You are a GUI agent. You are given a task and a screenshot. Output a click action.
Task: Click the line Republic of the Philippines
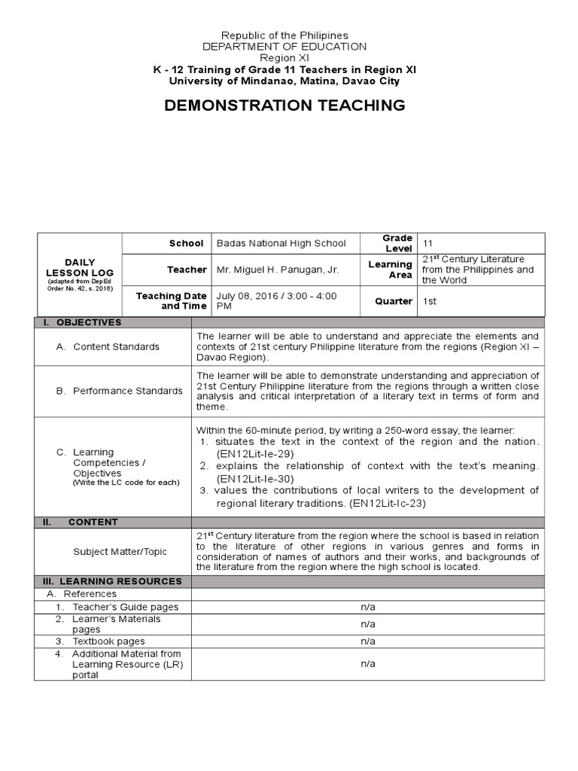click(284, 35)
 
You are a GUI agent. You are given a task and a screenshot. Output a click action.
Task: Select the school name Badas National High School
click(281, 243)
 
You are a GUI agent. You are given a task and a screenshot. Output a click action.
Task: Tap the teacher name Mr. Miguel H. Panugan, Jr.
click(275, 270)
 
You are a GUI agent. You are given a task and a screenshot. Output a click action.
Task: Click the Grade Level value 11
click(427, 244)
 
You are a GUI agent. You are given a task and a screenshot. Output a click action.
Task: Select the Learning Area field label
click(390, 270)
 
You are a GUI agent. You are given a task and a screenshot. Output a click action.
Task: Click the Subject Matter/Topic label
click(120, 551)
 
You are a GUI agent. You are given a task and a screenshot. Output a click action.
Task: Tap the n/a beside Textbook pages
click(367, 641)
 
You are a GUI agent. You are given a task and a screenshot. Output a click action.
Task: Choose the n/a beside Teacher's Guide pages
click(367, 607)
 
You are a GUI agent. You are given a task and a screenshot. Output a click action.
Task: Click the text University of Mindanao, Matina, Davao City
click(284, 81)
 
